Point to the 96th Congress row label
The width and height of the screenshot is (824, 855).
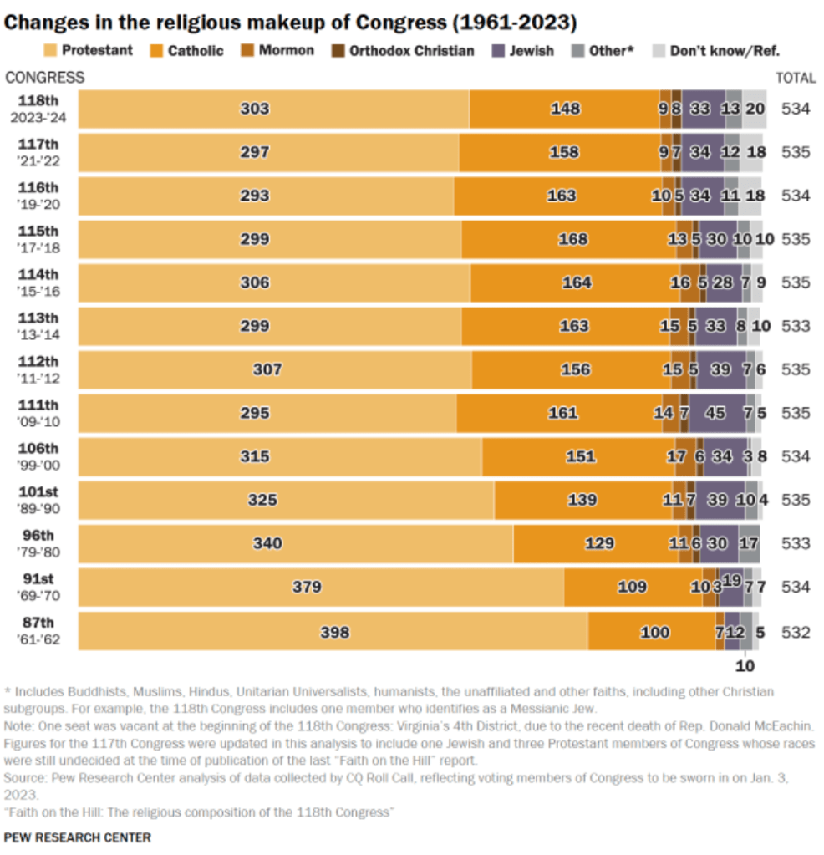39,543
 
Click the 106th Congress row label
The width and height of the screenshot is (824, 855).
39,456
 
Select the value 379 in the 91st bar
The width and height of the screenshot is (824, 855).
307,587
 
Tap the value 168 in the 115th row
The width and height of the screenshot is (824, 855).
573,239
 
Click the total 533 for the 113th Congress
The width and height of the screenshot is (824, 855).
796,326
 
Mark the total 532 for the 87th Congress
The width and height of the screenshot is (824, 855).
796,631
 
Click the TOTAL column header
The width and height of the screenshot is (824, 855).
796,78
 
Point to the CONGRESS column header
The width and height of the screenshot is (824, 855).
45,78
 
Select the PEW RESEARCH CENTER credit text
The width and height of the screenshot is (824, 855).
78,837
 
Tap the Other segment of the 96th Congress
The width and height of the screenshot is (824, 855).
749,543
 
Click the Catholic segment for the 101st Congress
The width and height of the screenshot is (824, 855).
582,500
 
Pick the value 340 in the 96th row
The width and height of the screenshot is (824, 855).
268,543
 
